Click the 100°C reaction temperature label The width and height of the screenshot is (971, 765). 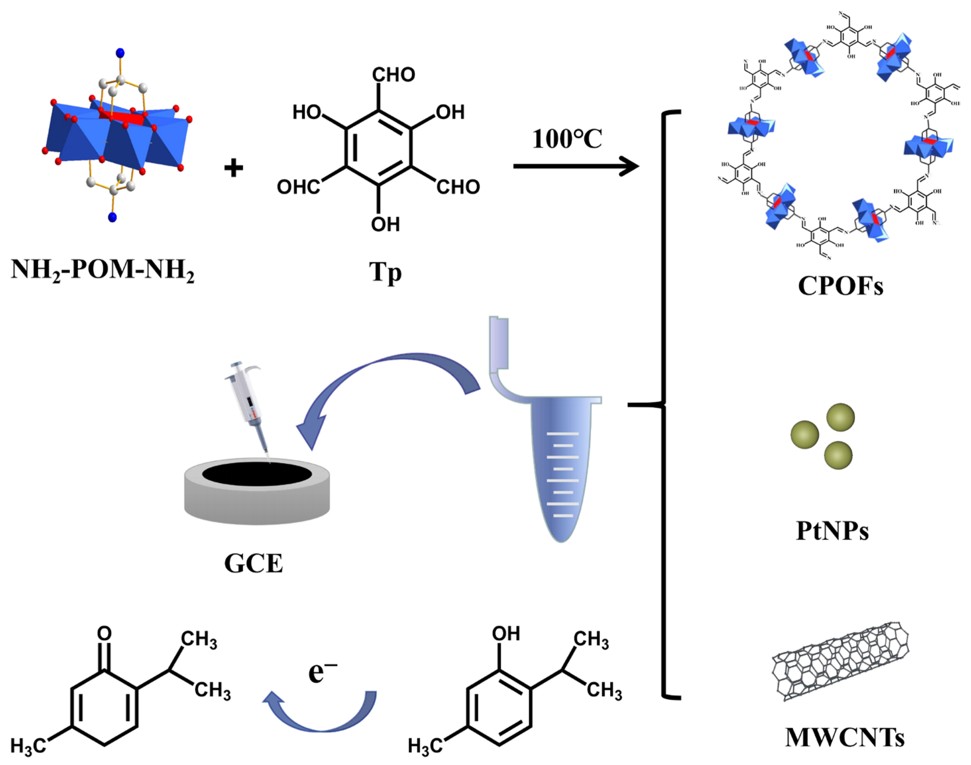(567, 139)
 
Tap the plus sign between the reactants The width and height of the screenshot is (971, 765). (233, 169)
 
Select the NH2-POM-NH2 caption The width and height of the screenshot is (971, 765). (102, 271)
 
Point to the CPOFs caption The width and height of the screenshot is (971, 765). (840, 286)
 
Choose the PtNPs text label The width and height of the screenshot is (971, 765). (832, 531)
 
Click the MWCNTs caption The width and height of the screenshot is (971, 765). (845, 737)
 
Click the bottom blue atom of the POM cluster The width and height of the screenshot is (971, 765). (112, 218)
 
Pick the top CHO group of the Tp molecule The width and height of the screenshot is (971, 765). (394, 75)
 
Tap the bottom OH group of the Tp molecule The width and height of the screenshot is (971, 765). (385, 224)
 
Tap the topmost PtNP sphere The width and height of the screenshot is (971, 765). (840, 417)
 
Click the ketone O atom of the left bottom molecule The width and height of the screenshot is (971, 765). (104, 633)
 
